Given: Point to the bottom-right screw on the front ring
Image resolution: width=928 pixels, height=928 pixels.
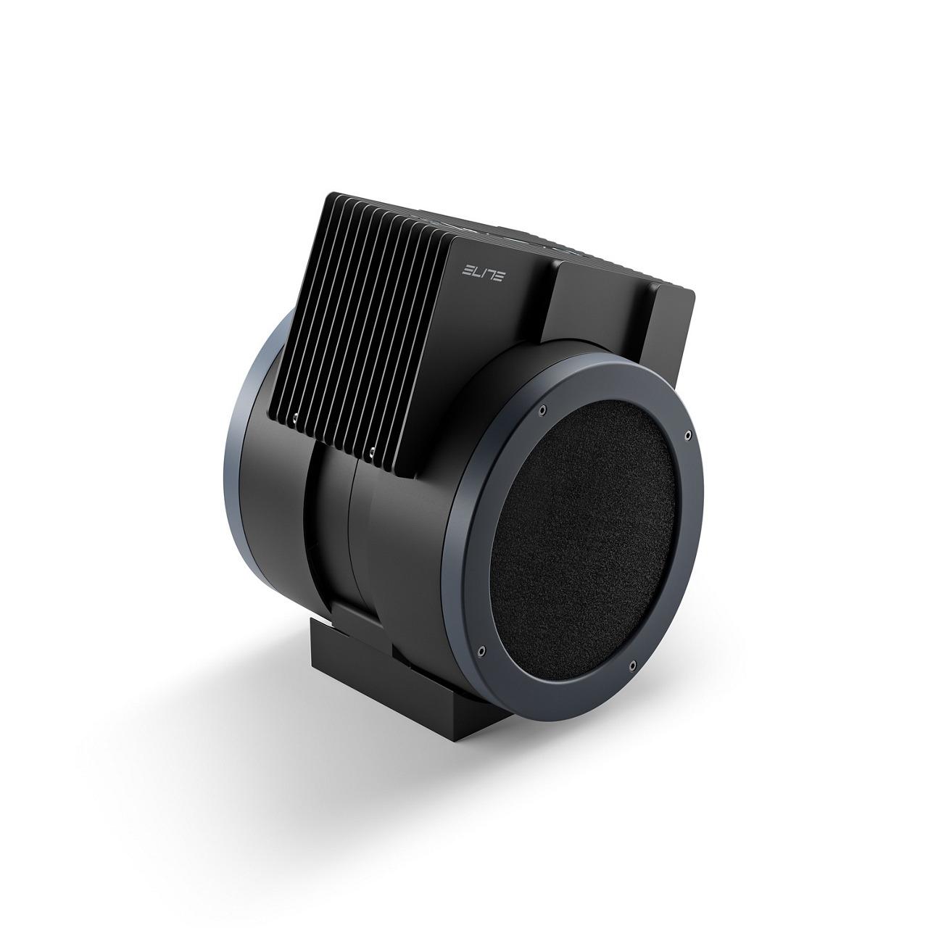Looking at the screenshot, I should coord(632,665).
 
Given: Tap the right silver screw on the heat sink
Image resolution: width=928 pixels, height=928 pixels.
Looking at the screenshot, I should coord(371,452).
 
